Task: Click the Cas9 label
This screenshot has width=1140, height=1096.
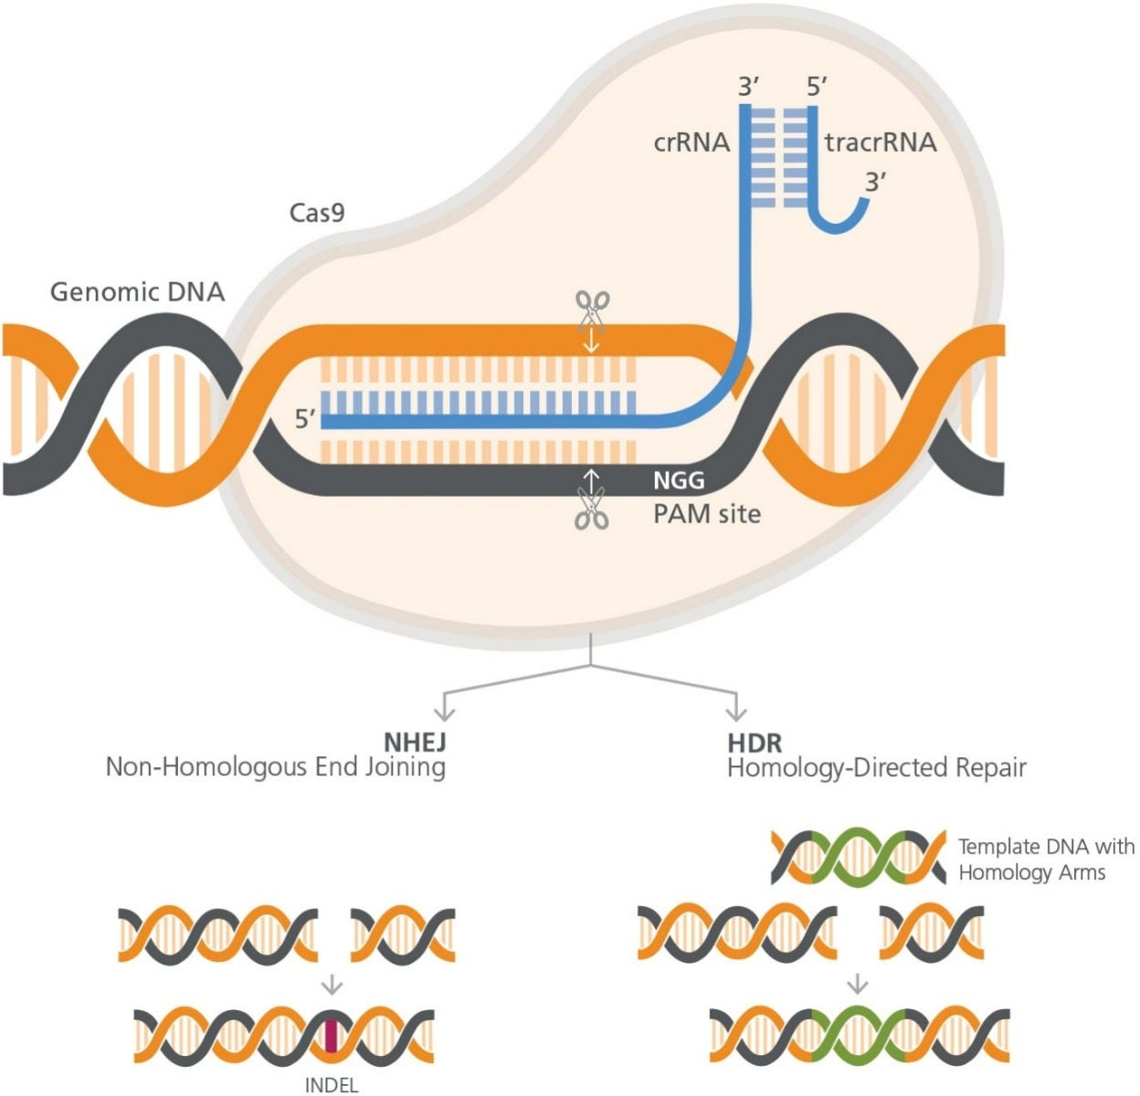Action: click(x=317, y=213)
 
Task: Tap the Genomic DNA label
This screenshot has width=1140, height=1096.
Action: click(x=137, y=292)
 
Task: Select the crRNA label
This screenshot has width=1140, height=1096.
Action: click(x=691, y=142)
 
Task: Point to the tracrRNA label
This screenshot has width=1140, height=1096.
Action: click(x=881, y=142)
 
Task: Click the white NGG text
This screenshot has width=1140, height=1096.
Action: click(x=678, y=480)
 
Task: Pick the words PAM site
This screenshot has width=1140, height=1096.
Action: click(x=706, y=513)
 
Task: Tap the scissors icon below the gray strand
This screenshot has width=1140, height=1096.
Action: click(x=592, y=509)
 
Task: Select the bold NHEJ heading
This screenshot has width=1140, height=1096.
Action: click(x=414, y=741)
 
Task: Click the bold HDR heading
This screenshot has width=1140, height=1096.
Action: click(x=755, y=741)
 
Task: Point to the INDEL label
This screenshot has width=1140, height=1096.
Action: click(x=331, y=1085)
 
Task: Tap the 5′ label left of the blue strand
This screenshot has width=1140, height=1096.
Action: click(x=306, y=419)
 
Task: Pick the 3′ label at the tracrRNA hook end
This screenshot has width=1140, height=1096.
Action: click(x=876, y=182)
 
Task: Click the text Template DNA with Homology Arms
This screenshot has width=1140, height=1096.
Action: click(x=1046, y=859)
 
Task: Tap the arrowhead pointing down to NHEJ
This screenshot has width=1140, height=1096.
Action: click(x=444, y=711)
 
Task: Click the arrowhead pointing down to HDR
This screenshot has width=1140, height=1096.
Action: click(x=734, y=711)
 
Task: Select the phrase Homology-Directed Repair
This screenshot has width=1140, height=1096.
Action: click(x=876, y=767)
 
